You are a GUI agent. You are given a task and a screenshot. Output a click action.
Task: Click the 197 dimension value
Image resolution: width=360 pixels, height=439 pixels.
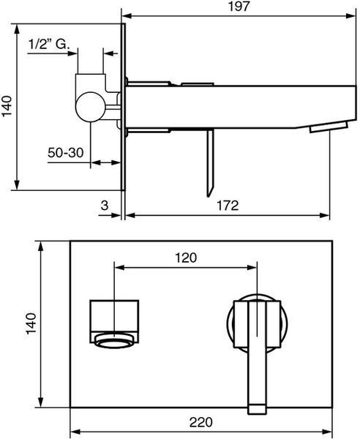[239, 7]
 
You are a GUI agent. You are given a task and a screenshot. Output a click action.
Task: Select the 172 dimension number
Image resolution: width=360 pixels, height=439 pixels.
[228, 206]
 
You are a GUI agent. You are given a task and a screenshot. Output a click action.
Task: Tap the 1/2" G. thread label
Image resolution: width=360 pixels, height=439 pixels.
[48, 44]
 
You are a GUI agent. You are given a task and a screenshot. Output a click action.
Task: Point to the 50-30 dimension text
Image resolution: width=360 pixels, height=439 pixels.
[66, 153]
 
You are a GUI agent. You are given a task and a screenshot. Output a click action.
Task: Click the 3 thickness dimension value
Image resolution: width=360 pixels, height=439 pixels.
[105, 206]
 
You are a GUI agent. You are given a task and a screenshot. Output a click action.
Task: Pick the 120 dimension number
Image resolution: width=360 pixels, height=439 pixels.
[186, 258]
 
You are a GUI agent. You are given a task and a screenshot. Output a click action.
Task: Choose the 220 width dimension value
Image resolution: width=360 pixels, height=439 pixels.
[201, 422]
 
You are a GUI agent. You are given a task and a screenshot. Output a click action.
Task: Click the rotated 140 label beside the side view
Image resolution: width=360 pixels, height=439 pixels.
[7, 106]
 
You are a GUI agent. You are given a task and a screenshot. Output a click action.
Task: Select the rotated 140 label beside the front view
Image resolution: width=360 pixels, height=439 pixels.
[31, 323]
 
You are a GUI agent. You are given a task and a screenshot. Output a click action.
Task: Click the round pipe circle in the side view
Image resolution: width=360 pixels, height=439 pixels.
[90, 107]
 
